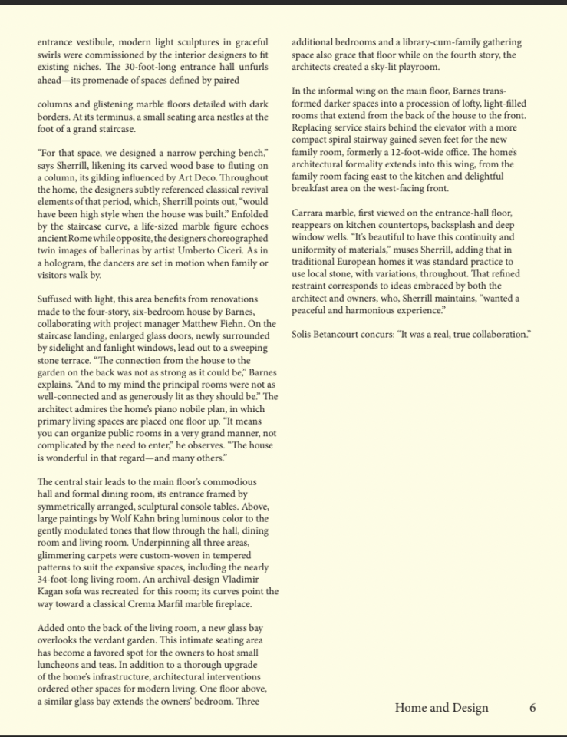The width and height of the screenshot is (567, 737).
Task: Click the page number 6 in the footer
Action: point(532,708)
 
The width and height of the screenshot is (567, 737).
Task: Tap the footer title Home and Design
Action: point(441,708)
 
